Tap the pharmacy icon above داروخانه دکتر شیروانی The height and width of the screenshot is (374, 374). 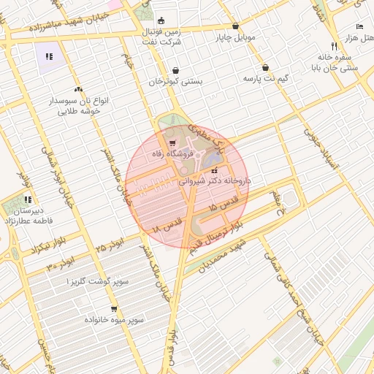(214, 170)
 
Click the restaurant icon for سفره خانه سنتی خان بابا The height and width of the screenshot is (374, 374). (334, 45)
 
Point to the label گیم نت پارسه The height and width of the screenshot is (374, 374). (265, 78)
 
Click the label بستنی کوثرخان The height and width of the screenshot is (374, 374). (175, 82)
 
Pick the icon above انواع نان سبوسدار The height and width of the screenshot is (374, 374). (77, 89)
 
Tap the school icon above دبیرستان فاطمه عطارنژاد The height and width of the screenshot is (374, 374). (27, 199)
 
